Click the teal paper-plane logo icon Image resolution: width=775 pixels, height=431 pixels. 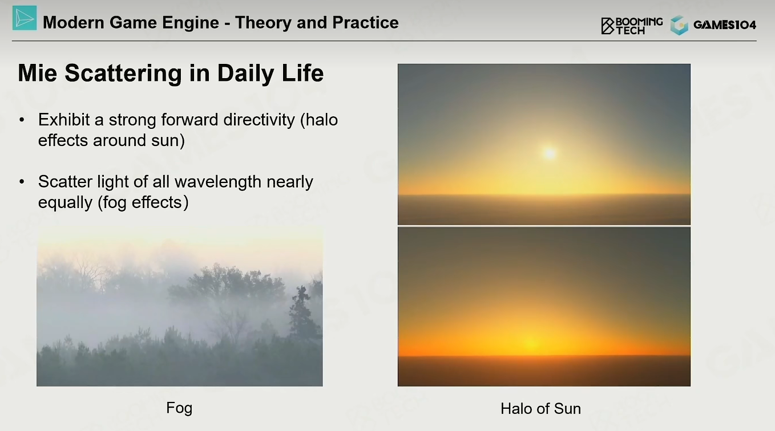coord(25,18)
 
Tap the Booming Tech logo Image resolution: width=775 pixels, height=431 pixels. coord(632,26)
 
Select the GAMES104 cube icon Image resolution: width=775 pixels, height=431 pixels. coord(680,25)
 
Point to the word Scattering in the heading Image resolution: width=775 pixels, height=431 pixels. coord(123,74)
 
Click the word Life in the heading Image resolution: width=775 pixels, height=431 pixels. coord(302,73)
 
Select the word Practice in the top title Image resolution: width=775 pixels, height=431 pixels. coord(365,22)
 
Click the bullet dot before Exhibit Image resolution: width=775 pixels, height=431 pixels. coord(22,120)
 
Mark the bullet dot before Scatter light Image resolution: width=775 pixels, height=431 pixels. coord(22,182)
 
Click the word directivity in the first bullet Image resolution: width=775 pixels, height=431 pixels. coord(259,120)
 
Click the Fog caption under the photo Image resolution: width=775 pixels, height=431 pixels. coord(179,408)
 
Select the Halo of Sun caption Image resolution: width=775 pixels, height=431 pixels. coord(541,409)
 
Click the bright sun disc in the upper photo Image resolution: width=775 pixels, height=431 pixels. coord(550,153)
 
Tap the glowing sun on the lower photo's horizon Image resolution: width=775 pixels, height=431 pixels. coord(532,344)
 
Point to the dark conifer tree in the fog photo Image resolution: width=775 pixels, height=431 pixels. coord(302,313)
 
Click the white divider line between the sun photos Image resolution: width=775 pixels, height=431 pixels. coord(544,226)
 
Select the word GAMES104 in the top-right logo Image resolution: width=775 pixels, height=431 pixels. coord(725,25)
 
